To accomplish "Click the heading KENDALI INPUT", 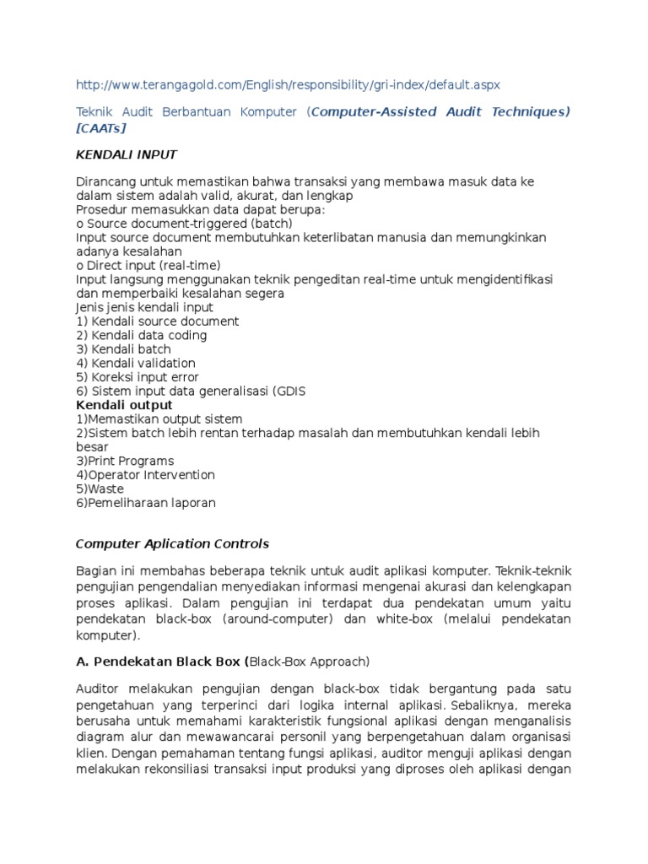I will [127, 154].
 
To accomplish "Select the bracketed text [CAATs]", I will [101, 127].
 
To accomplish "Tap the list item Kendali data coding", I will [142, 335].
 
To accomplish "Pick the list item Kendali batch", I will [123, 349].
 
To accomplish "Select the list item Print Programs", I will [125, 461].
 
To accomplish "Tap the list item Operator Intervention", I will [145, 475].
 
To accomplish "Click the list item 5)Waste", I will [100, 489].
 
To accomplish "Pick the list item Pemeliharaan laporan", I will [146, 503].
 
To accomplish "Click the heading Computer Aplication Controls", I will [172, 543].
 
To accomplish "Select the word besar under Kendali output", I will [92, 447].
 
